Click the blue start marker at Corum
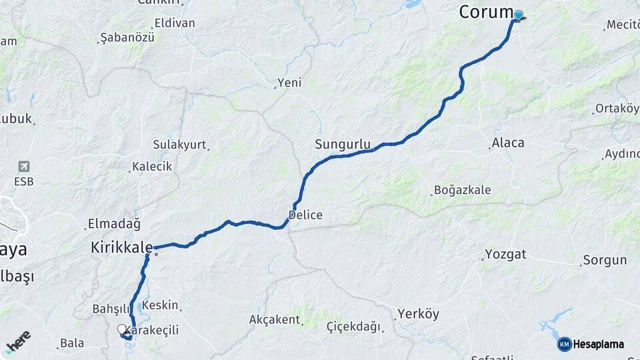(518, 15)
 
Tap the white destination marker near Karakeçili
(122, 329)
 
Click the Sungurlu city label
(343, 144)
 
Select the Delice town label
(305, 215)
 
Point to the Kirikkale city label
(121, 248)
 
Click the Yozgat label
(505, 254)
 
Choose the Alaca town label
(508, 143)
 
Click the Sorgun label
(605, 260)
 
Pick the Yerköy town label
(418, 313)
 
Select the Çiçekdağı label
(353, 327)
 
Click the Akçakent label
(274, 319)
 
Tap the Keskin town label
(161, 305)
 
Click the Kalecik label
(152, 167)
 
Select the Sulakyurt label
(179, 145)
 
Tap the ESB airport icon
(24, 167)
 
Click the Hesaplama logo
(591, 344)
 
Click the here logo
(18, 342)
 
